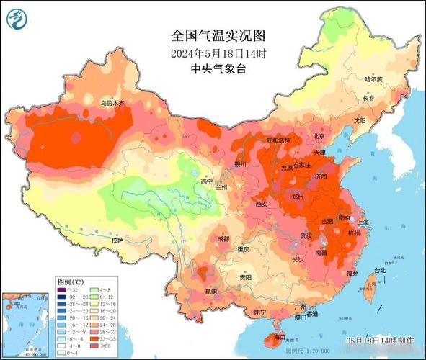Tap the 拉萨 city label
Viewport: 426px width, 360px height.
point(117,239)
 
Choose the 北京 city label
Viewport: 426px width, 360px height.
point(318,136)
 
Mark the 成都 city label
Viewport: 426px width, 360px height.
point(223,238)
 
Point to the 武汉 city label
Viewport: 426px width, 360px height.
point(308,235)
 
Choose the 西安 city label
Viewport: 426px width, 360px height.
point(261,204)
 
